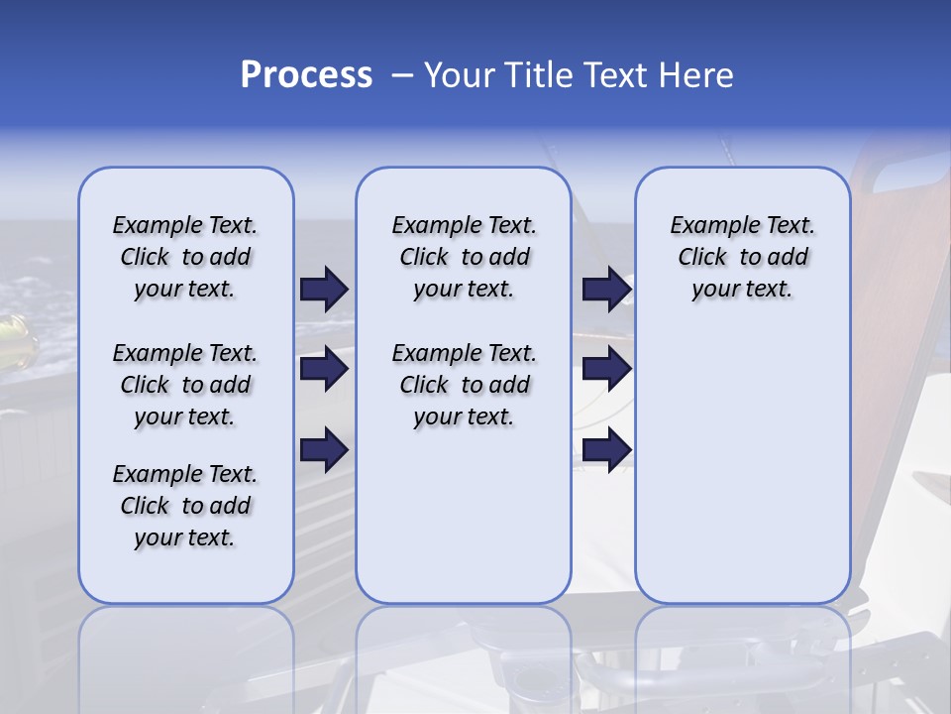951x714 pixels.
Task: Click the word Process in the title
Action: pyautogui.click(x=306, y=75)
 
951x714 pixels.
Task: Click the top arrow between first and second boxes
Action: pyautogui.click(x=324, y=290)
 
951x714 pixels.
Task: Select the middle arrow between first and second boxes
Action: pyautogui.click(x=324, y=369)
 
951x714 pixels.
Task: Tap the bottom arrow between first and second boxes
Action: pyautogui.click(x=324, y=450)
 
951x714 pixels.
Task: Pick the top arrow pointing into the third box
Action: pyautogui.click(x=606, y=290)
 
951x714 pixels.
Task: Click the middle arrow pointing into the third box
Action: pyautogui.click(x=606, y=369)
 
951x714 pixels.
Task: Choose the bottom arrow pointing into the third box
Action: pyautogui.click(x=606, y=450)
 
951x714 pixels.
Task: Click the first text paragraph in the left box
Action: pyautogui.click(x=185, y=257)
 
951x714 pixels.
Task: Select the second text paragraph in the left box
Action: pyautogui.click(x=185, y=385)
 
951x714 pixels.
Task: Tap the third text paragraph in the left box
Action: pyautogui.click(x=185, y=506)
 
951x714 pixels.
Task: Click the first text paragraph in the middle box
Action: pyautogui.click(x=464, y=257)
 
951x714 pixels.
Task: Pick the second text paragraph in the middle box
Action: pyautogui.click(x=464, y=385)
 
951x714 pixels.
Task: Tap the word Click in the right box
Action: pyautogui.click(x=702, y=258)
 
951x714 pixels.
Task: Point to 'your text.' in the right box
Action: pyautogui.click(x=742, y=290)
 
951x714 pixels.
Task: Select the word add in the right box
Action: pyautogui.click(x=787, y=258)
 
